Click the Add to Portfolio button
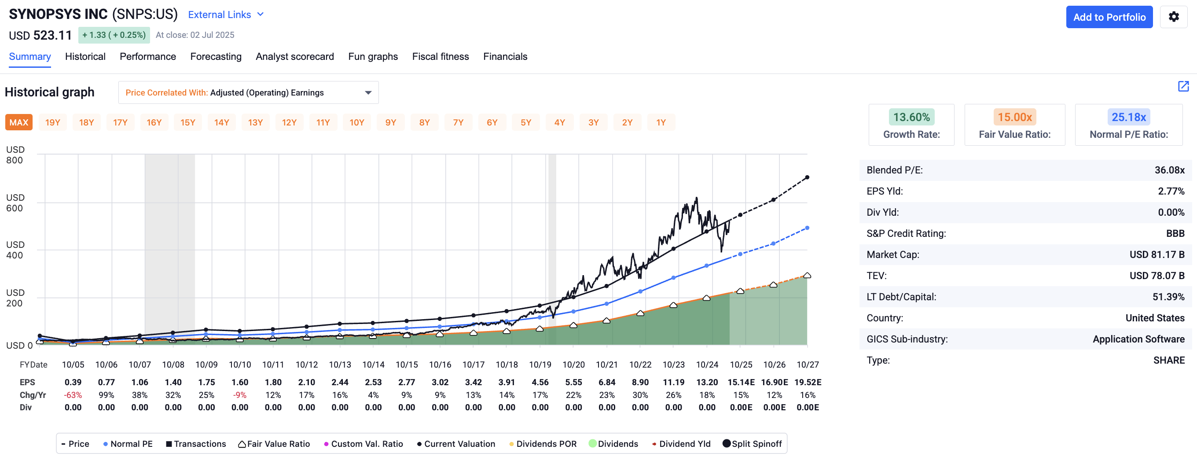coord(1109,17)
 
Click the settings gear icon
coord(1173,17)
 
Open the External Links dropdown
coord(226,15)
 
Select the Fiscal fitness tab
coord(440,57)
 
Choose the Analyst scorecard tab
coord(294,57)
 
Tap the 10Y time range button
coord(356,122)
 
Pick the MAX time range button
coord(19,122)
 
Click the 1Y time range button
coord(660,122)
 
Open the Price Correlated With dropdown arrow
coord(368,92)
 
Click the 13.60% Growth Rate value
coord(911,117)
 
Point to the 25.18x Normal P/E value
coord(1128,117)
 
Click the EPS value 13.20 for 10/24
coord(707,382)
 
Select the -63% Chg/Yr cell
coord(73,395)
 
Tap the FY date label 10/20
coord(573,365)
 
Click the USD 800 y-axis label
coord(15,155)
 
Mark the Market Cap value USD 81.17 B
coord(1157,254)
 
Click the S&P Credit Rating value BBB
coord(1175,233)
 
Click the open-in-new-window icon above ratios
coord(1183,86)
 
